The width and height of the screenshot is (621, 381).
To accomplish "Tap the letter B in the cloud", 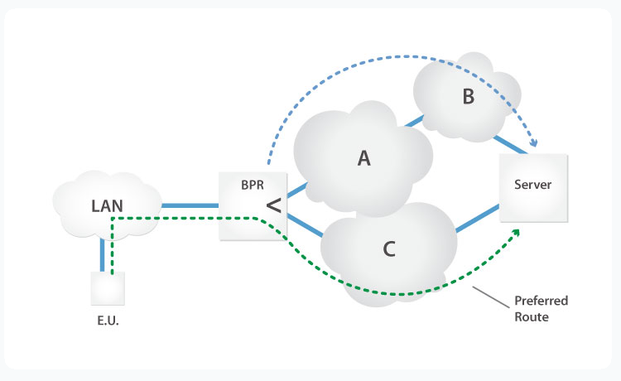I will click(468, 97).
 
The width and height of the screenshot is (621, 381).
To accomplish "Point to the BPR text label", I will click(252, 186).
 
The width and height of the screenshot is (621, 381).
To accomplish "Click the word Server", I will click(533, 184).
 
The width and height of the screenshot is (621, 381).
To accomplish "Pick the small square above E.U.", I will click(108, 289).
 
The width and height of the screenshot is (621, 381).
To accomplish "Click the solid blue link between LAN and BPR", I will click(189, 205).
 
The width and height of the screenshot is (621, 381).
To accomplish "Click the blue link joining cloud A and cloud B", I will click(415, 123).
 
